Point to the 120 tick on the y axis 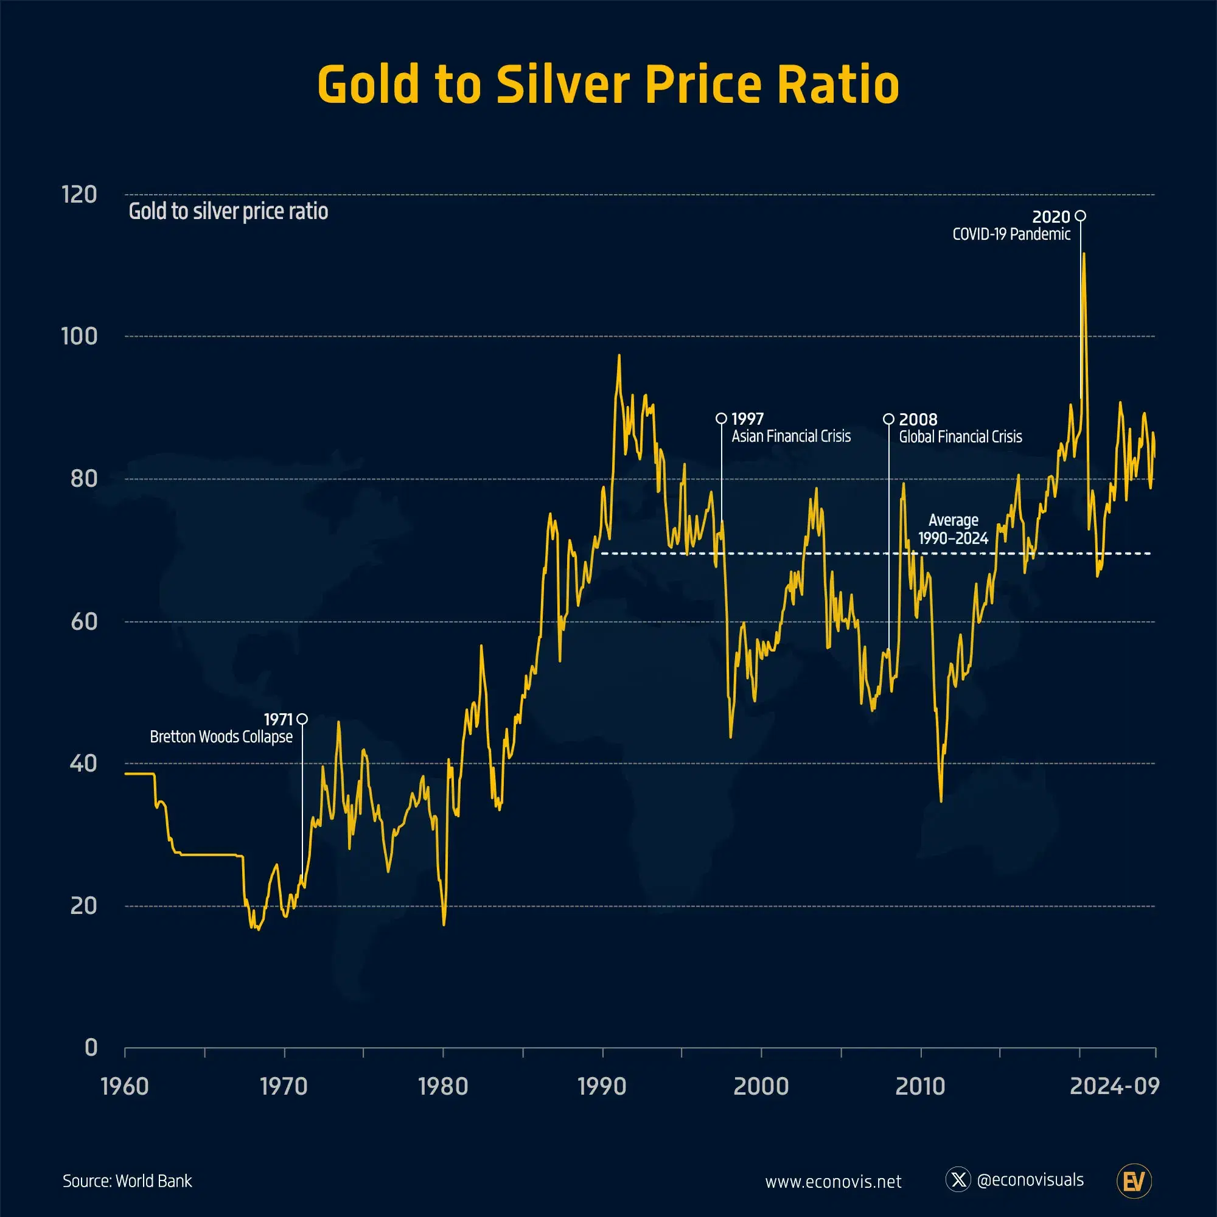click(x=79, y=195)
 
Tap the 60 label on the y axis click(x=84, y=622)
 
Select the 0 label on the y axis click(x=91, y=1048)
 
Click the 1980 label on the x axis click(x=443, y=1087)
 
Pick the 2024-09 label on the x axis click(x=1114, y=1087)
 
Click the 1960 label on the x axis click(x=125, y=1087)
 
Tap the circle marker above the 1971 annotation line click(x=302, y=719)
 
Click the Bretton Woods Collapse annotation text click(x=221, y=737)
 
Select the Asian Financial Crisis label click(x=790, y=436)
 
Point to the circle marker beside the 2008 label click(x=888, y=419)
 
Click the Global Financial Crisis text click(x=960, y=437)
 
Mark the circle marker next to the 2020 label click(x=1080, y=216)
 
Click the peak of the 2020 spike click(x=1084, y=254)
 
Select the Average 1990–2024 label click(x=953, y=529)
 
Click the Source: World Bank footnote click(x=127, y=1181)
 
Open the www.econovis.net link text click(x=833, y=1182)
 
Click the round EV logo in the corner click(x=1134, y=1181)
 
